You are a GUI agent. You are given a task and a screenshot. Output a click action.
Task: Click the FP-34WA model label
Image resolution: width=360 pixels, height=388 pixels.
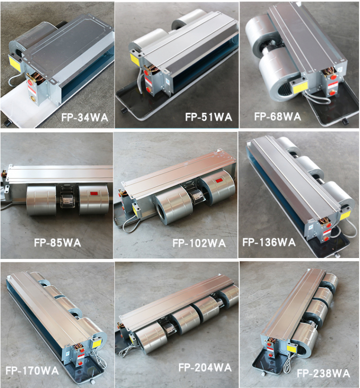85,117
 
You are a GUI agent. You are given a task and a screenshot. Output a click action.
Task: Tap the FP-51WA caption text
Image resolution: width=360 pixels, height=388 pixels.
208,117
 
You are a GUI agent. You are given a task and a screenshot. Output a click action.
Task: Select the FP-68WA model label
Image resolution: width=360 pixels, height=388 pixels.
278,116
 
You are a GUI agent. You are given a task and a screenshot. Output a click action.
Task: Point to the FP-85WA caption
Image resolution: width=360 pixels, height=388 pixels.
57,243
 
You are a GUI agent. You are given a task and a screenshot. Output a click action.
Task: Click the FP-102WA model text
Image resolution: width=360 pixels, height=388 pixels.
199,243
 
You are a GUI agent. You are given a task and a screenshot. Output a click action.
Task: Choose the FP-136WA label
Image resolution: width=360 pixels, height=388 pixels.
269,242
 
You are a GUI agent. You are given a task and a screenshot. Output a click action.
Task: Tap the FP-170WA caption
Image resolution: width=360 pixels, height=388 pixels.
32,371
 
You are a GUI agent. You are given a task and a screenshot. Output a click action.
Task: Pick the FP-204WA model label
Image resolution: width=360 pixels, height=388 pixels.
205,367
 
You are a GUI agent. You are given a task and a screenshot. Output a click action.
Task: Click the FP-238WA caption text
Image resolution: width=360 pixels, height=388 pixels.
323,373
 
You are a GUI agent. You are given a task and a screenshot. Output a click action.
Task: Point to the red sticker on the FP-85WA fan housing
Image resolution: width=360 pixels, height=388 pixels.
94,193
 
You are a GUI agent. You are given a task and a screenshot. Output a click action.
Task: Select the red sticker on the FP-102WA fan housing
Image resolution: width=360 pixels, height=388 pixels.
218,181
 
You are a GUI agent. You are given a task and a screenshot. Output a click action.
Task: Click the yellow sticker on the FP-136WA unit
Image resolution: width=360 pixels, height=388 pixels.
346,216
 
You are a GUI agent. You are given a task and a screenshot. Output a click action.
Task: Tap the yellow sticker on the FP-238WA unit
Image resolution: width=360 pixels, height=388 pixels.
293,348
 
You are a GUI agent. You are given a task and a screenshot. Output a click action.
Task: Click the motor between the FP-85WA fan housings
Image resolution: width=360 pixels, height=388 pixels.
67,199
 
